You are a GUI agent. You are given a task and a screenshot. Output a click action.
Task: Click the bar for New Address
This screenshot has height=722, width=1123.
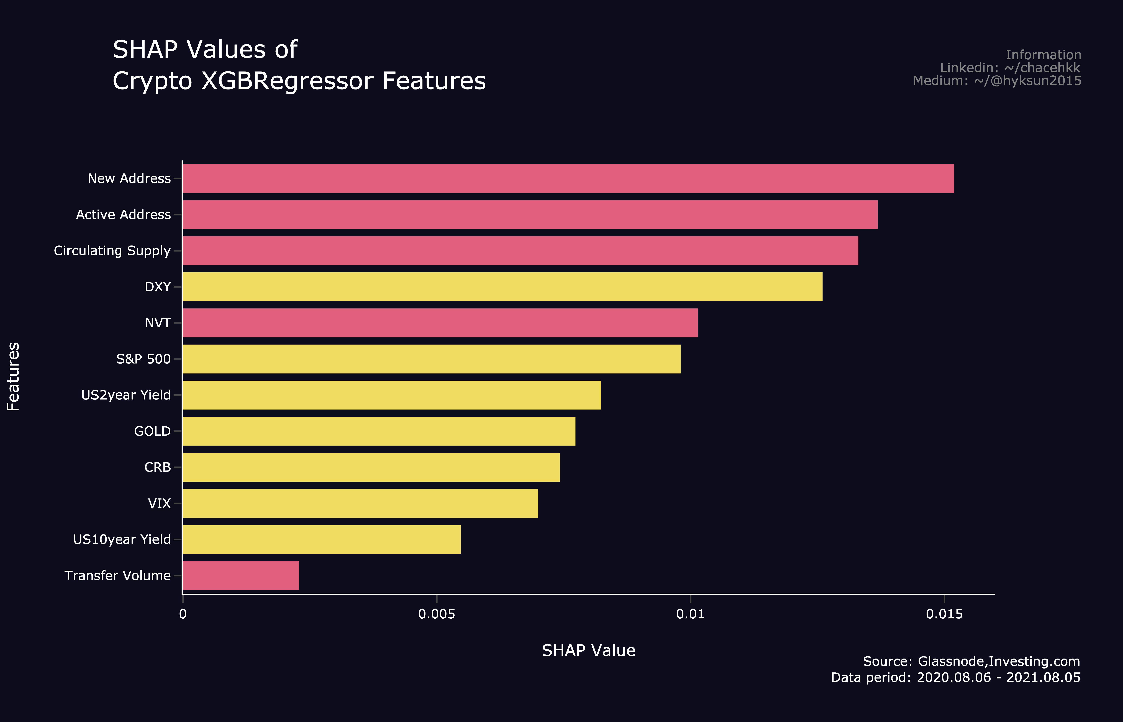pyautogui.click(x=568, y=179)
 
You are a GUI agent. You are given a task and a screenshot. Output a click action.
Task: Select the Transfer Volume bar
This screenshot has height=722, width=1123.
pyautogui.click(x=241, y=576)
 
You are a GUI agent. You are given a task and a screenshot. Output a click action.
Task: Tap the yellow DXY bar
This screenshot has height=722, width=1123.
pyautogui.click(x=502, y=287)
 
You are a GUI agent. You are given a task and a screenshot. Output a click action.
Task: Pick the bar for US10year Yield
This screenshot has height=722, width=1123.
pyautogui.click(x=322, y=540)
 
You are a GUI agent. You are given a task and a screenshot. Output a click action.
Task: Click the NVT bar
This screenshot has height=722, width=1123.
pyautogui.click(x=440, y=323)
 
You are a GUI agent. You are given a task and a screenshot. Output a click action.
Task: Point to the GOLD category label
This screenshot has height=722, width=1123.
pyautogui.click(x=152, y=431)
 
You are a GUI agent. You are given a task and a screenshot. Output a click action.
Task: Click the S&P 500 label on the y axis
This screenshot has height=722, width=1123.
pyautogui.click(x=143, y=359)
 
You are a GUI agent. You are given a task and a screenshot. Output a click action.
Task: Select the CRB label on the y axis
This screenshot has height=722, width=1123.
pyautogui.click(x=157, y=467)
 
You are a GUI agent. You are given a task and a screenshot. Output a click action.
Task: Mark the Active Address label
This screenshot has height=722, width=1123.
pyautogui.click(x=123, y=215)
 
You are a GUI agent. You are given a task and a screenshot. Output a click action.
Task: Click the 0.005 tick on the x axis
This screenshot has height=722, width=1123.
pyautogui.click(x=436, y=614)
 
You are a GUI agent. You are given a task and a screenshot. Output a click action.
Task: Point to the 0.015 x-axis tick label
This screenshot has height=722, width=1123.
pyautogui.click(x=944, y=614)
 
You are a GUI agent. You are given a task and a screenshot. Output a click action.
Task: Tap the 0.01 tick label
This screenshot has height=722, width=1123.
pyautogui.click(x=690, y=614)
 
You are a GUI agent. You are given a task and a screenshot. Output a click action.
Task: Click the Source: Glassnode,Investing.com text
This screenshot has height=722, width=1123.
pyautogui.click(x=971, y=662)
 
